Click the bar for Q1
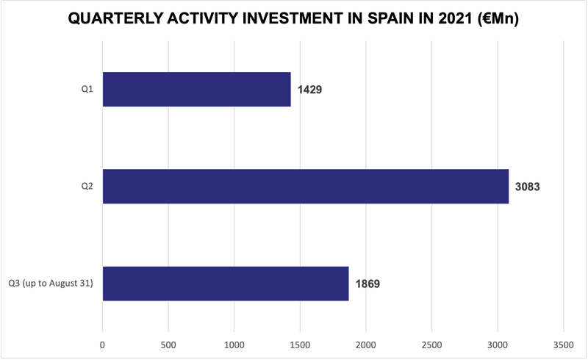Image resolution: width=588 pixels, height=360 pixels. pyautogui.click(x=196, y=90)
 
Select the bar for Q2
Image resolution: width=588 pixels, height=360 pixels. pyautogui.click(x=305, y=187)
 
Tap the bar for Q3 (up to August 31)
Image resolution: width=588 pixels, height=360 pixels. pyautogui.click(x=225, y=284)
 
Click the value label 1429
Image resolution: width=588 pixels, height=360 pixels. pyautogui.click(x=310, y=90)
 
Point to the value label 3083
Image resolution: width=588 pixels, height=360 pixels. pyautogui.click(x=528, y=187)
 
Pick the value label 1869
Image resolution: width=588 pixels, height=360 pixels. pyautogui.click(x=368, y=284)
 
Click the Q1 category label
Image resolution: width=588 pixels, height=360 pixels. pyautogui.click(x=87, y=90)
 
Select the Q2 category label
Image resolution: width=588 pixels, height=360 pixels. pyautogui.click(x=87, y=187)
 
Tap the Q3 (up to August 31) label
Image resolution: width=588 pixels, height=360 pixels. pyautogui.click(x=50, y=284)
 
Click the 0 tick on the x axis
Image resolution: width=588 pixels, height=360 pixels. pyautogui.click(x=103, y=342)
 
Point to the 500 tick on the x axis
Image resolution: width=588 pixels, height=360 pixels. pyautogui.click(x=168, y=342)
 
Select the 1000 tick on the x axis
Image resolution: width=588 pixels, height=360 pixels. pyautogui.click(x=234, y=342)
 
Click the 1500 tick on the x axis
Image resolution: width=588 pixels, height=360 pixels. pyautogui.click(x=300, y=342)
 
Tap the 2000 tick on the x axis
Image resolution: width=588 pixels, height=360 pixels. pyautogui.click(x=366, y=342)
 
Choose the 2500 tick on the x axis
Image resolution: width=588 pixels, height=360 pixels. pyautogui.click(x=431, y=342)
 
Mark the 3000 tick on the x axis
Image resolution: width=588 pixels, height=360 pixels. pyautogui.click(x=498, y=342)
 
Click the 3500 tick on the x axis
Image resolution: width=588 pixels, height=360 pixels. pyautogui.click(x=563, y=342)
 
